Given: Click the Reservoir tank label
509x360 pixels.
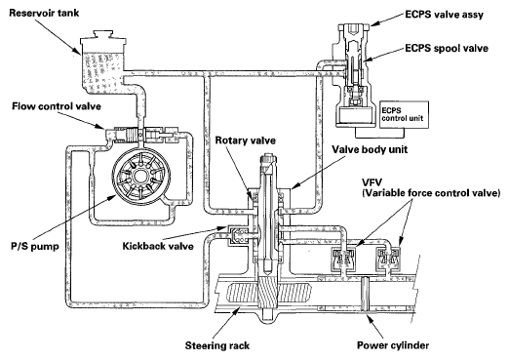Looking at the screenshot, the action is (x=44, y=13).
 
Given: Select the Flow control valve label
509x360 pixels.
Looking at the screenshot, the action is (x=57, y=106).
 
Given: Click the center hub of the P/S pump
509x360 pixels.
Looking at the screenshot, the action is (x=141, y=177).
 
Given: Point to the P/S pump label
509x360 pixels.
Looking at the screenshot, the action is (x=35, y=246).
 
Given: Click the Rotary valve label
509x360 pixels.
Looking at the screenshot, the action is (x=246, y=140).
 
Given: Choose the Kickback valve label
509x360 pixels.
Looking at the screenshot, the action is (x=158, y=246).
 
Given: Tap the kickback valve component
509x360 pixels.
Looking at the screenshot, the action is (x=238, y=235).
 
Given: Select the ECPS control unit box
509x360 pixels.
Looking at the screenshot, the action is (x=405, y=115).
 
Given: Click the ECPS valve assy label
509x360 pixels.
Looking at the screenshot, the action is (x=444, y=15).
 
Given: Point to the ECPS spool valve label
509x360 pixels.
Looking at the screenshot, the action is (x=447, y=49).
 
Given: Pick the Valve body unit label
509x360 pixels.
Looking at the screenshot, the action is (x=370, y=149).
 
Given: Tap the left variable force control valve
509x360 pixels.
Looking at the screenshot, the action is (x=342, y=259).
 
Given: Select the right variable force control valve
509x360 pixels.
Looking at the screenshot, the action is (x=388, y=259).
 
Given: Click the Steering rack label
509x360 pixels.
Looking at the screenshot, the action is (x=217, y=345).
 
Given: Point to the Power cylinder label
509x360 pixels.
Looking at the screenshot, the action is (x=393, y=345).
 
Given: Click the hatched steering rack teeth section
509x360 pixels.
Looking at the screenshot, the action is (x=269, y=292).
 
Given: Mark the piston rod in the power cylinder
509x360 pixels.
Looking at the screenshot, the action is (x=366, y=294).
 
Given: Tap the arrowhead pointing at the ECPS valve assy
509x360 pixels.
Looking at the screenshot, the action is (x=374, y=23).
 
